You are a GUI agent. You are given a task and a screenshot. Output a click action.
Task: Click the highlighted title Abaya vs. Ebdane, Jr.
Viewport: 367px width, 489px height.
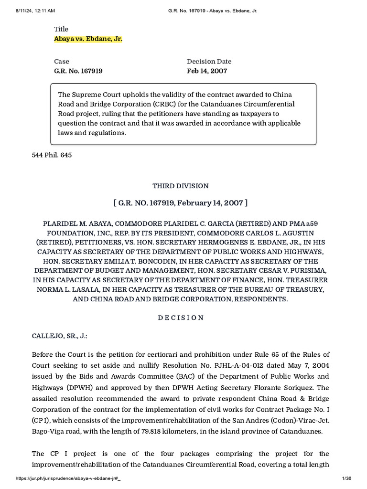pyautogui.click(x=88, y=39)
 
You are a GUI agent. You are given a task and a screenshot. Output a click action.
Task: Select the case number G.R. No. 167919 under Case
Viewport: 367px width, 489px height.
pyautogui.click(x=78, y=71)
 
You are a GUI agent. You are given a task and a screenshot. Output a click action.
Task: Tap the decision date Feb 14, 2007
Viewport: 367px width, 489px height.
pyautogui.click(x=207, y=71)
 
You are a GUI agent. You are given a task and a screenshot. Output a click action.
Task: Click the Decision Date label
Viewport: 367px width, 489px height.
pyautogui.click(x=209, y=61)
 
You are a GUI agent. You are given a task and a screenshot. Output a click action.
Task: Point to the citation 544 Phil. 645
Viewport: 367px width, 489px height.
pyautogui.click(x=52, y=156)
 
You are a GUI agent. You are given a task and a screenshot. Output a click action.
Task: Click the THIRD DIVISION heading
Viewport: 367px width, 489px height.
pyautogui.click(x=180, y=186)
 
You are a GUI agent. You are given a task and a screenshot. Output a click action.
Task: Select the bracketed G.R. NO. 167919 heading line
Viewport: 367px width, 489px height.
pyautogui.click(x=180, y=203)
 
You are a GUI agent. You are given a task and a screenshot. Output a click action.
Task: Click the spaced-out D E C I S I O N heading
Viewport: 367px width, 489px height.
pyautogui.click(x=181, y=318)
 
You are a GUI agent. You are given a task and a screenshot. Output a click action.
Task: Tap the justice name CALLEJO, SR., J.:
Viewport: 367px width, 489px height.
pyautogui.click(x=60, y=336)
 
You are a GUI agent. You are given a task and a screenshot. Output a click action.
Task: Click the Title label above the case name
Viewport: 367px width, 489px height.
pyautogui.click(x=61, y=29)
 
